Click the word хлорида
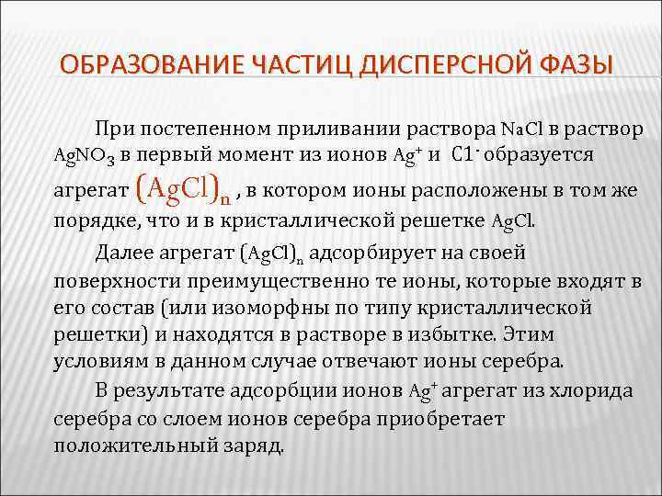click(594, 391)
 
